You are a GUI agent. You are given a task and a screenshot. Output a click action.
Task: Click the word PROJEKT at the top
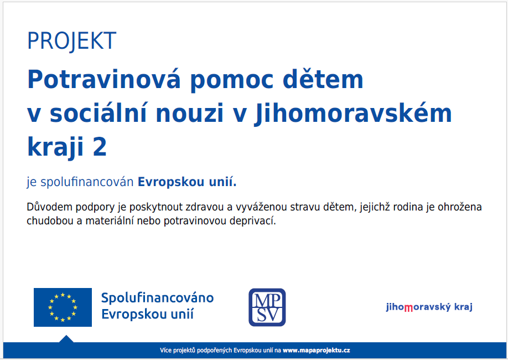tap(71, 41)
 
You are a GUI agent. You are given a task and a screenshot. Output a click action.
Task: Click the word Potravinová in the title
tap(103, 79)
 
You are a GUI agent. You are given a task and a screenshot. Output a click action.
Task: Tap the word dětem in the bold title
tap(323, 79)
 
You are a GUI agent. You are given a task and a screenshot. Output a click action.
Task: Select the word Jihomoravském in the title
tap(353, 114)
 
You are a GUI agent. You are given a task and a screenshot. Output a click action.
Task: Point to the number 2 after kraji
tap(100, 147)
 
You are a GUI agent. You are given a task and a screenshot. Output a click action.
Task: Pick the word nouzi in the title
tap(190, 113)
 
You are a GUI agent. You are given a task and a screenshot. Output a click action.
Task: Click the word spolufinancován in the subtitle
tap(87, 182)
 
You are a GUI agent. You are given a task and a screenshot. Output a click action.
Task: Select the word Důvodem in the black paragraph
tap(49, 207)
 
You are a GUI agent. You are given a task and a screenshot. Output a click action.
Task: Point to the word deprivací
tap(252, 221)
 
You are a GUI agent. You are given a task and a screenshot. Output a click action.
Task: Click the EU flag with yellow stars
tap(63, 307)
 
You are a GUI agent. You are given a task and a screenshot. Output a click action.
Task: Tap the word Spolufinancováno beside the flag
tap(158, 298)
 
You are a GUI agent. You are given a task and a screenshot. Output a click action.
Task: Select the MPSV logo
tap(267, 307)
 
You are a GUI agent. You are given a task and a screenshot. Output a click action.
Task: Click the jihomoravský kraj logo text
tap(429, 307)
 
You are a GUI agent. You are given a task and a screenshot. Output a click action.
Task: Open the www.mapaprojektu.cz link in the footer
tap(316, 350)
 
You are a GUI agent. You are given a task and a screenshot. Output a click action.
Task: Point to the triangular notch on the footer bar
tap(66, 340)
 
